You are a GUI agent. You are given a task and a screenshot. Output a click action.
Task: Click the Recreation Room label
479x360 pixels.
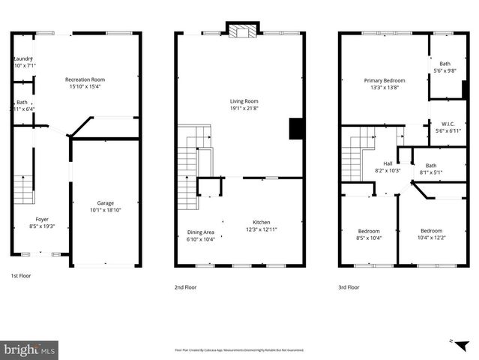point(84,79)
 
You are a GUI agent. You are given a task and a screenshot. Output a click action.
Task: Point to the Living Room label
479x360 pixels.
point(244,101)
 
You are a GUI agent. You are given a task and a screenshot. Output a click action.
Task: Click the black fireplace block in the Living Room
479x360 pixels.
point(296,128)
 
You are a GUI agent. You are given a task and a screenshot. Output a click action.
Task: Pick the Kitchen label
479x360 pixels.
point(261,222)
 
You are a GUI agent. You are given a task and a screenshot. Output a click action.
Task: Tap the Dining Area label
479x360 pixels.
point(200,232)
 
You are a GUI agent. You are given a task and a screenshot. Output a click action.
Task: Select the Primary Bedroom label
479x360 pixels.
point(385,80)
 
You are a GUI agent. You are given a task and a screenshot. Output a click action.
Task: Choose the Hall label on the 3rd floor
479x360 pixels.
point(388,163)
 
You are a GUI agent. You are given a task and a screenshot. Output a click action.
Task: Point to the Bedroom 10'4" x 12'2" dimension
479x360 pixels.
point(431,238)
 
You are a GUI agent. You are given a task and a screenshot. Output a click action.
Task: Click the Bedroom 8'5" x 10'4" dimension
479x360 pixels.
point(368,238)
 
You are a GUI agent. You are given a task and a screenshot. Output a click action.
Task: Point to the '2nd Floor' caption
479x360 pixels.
point(187,286)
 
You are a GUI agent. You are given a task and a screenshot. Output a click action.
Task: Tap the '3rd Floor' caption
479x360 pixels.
point(348,286)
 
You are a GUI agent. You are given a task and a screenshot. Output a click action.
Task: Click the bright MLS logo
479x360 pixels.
point(30,349)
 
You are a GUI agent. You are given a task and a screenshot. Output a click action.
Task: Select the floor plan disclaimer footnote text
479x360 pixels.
point(240,349)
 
